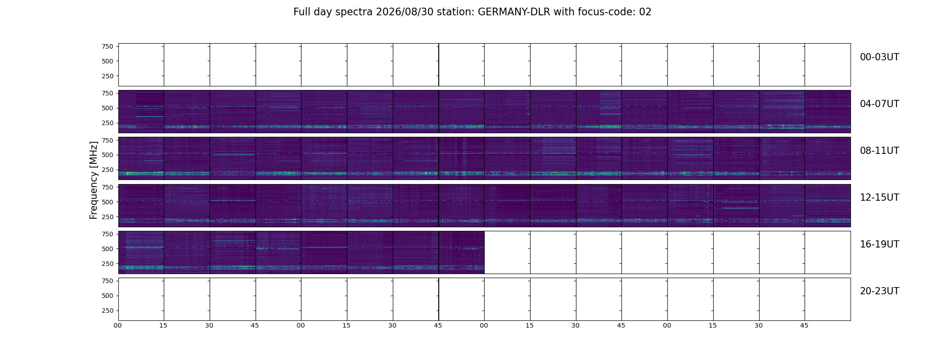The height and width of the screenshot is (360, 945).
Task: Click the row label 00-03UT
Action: pyautogui.click(x=879, y=57)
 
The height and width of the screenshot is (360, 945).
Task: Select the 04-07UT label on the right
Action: pyautogui.click(x=879, y=104)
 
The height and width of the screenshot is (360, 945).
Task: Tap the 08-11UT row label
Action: pyautogui.click(x=879, y=151)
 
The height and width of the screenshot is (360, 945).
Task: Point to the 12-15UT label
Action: pyautogui.click(x=879, y=198)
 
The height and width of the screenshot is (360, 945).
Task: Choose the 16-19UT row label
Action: pyautogui.click(x=879, y=244)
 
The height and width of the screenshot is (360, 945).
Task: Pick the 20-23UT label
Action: pyautogui.click(x=879, y=291)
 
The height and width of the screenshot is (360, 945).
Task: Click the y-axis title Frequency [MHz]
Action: pyautogui.click(x=94, y=180)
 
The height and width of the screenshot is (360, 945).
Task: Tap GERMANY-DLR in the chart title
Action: pyautogui.click(x=514, y=12)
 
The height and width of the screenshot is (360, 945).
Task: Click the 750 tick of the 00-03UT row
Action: pyautogui.click(x=108, y=46)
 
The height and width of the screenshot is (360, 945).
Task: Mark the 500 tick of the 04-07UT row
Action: pyautogui.click(x=108, y=108)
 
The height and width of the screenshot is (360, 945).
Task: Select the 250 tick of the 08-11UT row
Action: pyautogui.click(x=108, y=170)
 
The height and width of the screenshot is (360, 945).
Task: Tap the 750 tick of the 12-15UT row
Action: pyautogui.click(x=108, y=187)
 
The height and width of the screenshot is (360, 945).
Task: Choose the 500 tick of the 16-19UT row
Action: pyautogui.click(x=108, y=249)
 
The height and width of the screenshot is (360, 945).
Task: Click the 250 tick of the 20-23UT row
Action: pyautogui.click(x=108, y=310)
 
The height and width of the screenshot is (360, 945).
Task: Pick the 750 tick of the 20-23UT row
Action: pyautogui.click(x=108, y=281)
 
